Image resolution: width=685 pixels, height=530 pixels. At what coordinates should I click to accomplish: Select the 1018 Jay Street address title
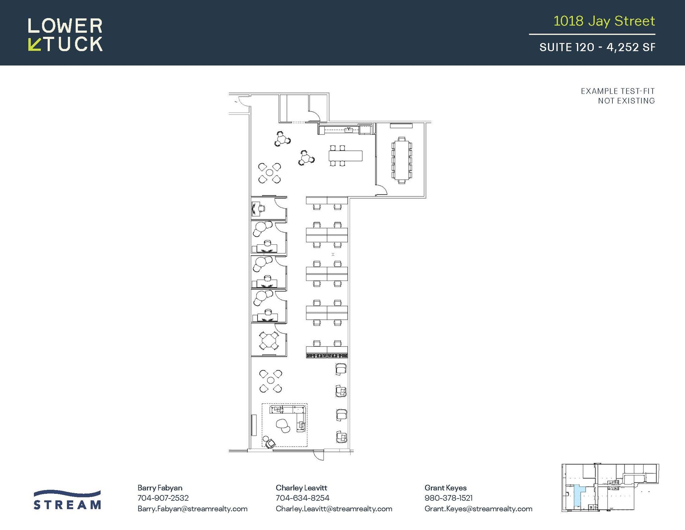point(604,21)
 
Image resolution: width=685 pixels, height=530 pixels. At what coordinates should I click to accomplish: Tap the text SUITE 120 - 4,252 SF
point(597,47)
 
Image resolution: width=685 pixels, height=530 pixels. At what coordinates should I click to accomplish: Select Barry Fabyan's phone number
point(163,498)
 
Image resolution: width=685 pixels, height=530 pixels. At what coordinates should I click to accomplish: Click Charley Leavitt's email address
point(334,509)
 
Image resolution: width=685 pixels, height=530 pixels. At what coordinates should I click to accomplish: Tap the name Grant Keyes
point(445,487)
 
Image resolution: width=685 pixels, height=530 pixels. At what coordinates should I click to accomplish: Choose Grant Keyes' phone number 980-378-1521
point(448,498)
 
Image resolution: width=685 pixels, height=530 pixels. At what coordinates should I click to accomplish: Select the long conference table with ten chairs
point(402,160)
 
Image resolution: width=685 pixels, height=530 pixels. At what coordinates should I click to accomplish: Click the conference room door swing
point(381,190)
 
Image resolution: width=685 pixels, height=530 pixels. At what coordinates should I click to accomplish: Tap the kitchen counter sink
point(349,129)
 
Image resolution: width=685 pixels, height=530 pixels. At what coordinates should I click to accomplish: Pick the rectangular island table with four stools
point(346,156)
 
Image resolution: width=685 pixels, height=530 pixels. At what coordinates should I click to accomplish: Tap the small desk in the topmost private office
point(256,209)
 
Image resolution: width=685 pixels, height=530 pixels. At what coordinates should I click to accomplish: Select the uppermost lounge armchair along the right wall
point(340,369)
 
